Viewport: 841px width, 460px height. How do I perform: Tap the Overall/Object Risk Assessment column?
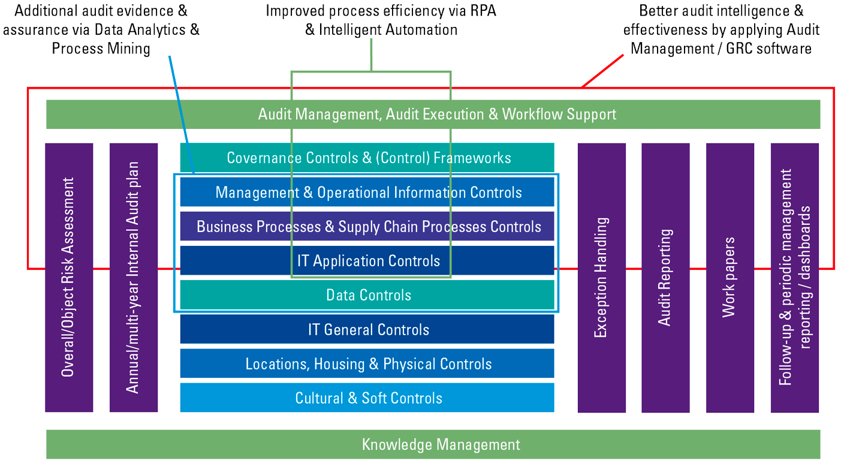click(69, 277)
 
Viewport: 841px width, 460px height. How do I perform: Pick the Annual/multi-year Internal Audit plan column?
click(133, 277)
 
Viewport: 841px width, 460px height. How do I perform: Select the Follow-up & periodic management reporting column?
click(794, 277)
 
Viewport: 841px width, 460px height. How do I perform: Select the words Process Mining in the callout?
click(101, 48)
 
